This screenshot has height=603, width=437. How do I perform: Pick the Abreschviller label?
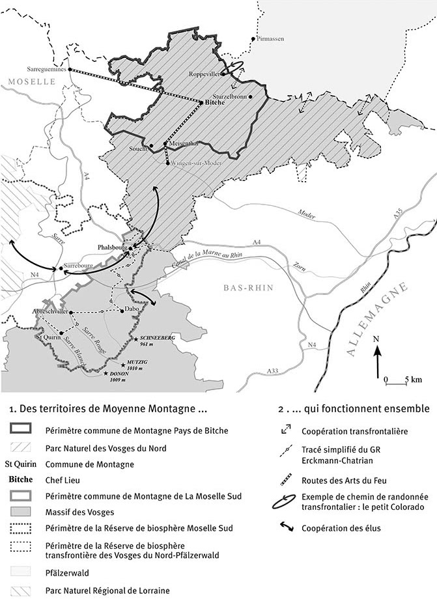pyautogui.click(x=50, y=312)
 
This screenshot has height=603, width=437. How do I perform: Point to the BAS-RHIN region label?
pyautogui.click(x=248, y=288)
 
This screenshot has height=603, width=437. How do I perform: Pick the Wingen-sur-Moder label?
pyautogui.click(x=193, y=163)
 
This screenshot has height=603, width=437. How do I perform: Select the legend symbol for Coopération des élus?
pyautogui.click(x=287, y=528)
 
